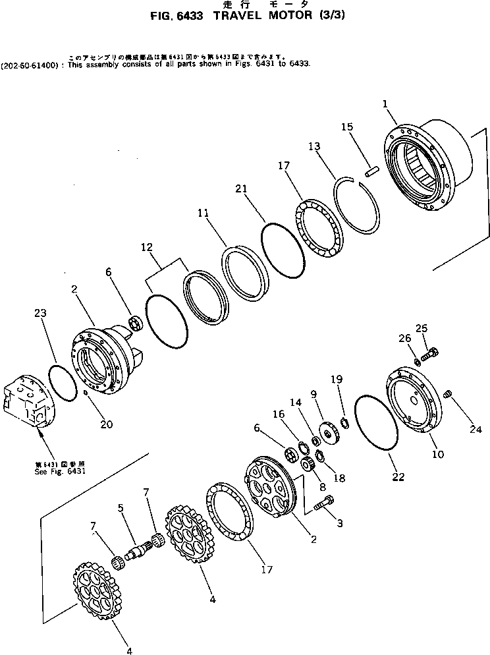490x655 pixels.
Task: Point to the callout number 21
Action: tap(242, 189)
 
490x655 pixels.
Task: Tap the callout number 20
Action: tap(107, 424)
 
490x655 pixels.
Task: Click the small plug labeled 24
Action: tap(448, 394)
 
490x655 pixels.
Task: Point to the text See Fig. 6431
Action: tap(60, 471)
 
